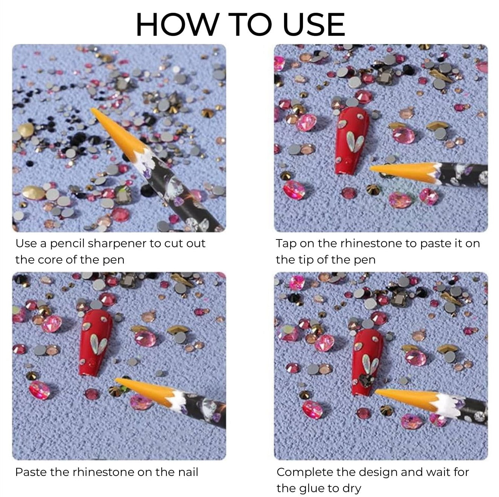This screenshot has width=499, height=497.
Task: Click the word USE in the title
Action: [313, 24]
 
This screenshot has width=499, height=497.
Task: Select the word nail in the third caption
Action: [188, 472]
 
